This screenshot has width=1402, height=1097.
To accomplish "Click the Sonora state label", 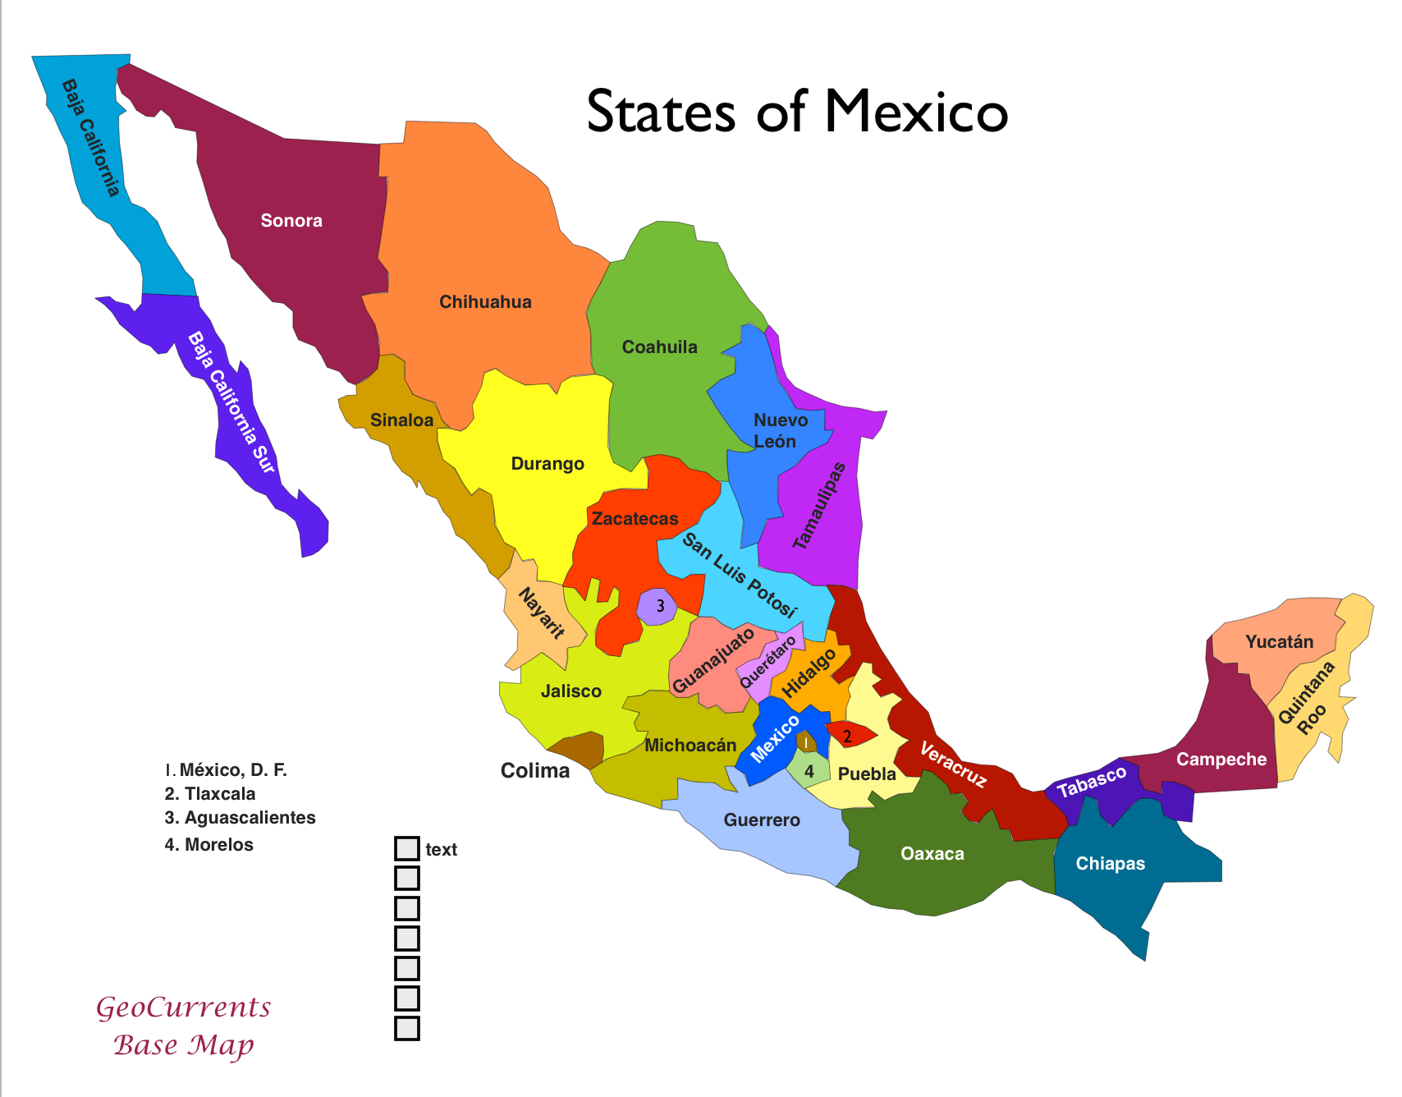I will (291, 220).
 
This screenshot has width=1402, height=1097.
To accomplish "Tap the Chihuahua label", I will (485, 301).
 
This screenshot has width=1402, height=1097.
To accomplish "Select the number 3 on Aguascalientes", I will (660, 608).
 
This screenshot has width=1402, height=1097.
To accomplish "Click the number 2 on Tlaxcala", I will (848, 736).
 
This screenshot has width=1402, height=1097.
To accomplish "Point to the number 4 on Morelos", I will (809, 771).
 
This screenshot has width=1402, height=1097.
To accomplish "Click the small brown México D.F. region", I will (806, 742).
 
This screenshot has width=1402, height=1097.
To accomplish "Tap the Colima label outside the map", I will (535, 770).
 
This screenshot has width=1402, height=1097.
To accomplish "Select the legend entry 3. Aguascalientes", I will (240, 818).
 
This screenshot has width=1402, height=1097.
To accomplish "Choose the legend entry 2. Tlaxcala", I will (210, 794).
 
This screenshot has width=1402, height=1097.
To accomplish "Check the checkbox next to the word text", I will (407, 849).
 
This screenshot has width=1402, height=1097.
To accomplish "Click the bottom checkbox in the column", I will (407, 1028).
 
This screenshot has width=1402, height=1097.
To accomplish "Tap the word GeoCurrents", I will (184, 1007).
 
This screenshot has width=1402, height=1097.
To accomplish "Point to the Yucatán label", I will (1279, 641).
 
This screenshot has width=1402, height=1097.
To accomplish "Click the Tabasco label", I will (1092, 782).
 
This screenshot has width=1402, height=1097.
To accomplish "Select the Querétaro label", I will (767, 662).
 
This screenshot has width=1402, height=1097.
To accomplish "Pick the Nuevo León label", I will (780, 430).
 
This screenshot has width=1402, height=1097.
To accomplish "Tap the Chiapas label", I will (1110, 863).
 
